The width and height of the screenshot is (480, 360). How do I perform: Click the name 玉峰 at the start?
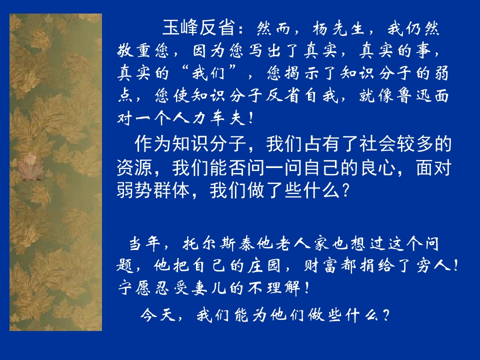click(x=177, y=28)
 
